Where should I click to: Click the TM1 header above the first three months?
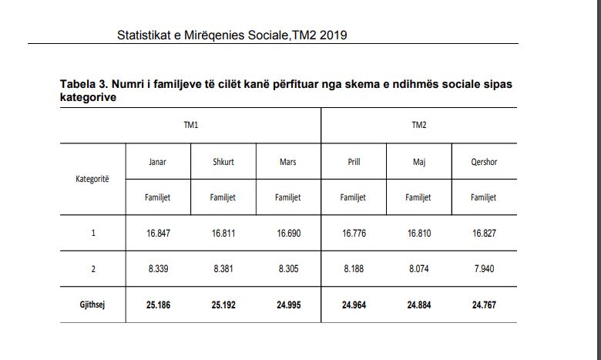tap(191, 125)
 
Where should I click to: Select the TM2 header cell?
tap(419, 125)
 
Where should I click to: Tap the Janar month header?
tap(157, 162)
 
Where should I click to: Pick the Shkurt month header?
tap(223, 162)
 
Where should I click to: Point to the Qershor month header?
tap(484, 162)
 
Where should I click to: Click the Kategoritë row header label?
tap(92, 179)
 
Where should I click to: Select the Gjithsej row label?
tap(92, 304)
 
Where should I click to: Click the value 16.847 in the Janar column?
tap(158, 233)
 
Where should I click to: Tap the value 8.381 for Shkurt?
tap(223, 269)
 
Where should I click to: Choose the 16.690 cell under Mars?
tap(289, 233)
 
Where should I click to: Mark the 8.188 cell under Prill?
tap(354, 269)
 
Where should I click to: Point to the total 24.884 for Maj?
tap(419, 305)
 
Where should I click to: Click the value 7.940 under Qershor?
tap(484, 269)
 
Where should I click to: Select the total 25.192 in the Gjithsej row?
tap(223, 305)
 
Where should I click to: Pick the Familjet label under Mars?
tap(288, 197)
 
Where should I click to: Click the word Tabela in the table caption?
tap(76, 84)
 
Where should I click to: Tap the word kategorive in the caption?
tap(88, 97)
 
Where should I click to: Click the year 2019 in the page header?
tap(333, 35)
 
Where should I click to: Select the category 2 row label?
tap(93, 269)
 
